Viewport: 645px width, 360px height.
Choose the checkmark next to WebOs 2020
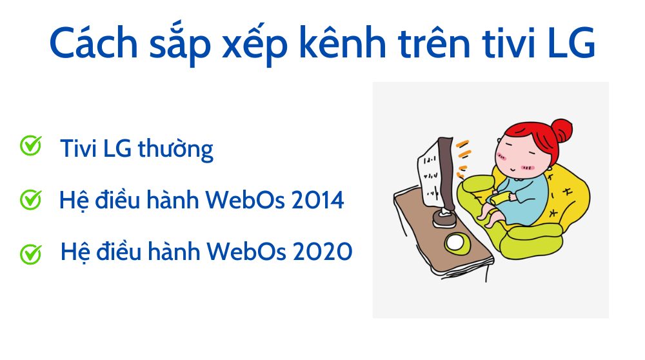30,253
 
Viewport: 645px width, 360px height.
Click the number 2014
317,200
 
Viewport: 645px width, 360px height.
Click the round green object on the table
458,243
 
